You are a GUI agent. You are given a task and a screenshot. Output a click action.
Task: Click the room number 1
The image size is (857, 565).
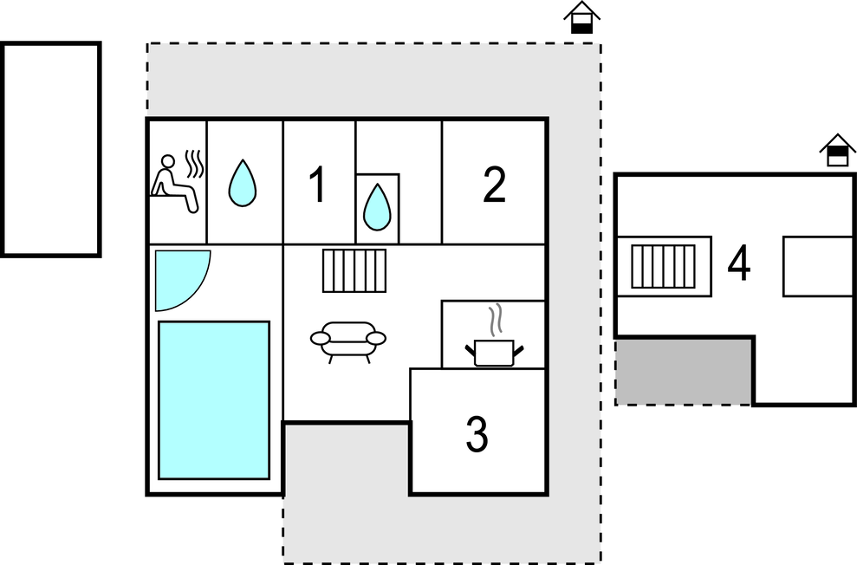point(317,185)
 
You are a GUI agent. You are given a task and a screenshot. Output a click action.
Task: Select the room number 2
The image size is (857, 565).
point(494,185)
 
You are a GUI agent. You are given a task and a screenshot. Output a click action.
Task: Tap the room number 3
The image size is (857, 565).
point(477,434)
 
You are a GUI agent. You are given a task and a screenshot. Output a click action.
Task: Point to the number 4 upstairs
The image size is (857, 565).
point(739,263)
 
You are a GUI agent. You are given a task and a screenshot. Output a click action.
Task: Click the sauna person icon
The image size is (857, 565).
point(173,184)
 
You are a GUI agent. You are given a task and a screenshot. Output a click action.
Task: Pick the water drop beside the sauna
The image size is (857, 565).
point(243,183)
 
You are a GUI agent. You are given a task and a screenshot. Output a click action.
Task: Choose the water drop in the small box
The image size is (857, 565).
point(377,207)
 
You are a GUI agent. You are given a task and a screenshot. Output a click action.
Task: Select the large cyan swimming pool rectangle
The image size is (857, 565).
point(214,400)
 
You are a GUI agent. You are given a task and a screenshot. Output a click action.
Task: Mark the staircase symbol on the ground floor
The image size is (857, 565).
point(354,270)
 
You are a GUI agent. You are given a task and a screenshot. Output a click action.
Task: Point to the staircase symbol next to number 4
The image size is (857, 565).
point(663,266)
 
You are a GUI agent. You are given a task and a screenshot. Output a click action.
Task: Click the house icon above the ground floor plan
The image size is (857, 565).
point(581,17)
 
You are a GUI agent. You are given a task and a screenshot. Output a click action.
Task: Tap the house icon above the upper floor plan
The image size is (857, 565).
point(837,150)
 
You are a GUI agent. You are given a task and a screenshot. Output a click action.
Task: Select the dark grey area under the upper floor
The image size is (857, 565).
point(683,372)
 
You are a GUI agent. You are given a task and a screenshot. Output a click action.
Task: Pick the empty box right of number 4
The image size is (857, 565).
point(818,267)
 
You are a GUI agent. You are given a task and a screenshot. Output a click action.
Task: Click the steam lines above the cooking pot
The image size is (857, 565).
point(495,321)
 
